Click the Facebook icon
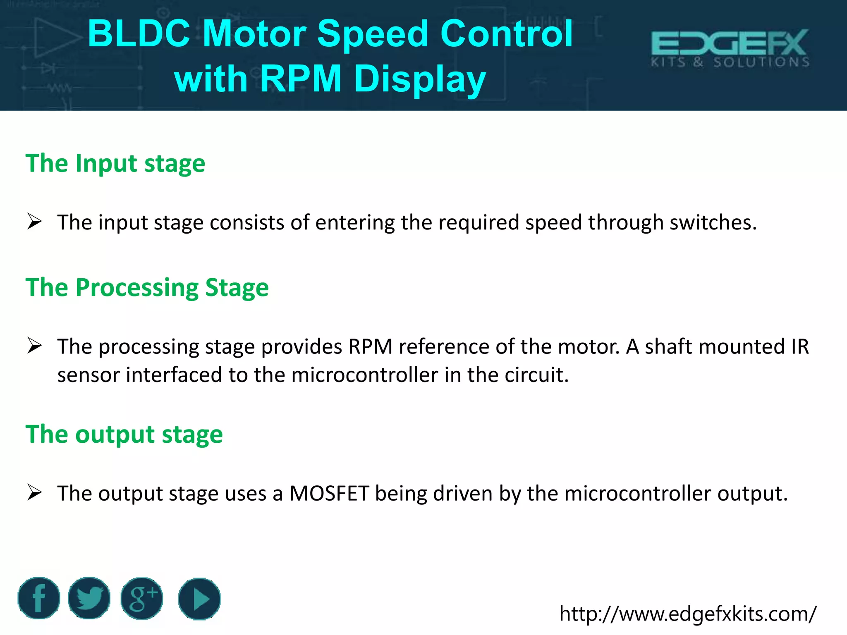pos(39,598)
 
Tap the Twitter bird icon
pos(89,598)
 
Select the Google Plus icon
pos(142,598)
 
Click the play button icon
pos(199,599)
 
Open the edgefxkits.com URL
pos(688,614)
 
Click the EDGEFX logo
pos(730,48)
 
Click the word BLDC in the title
pos(139,34)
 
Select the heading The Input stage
pos(115,163)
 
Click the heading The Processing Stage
pos(147,287)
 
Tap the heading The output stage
pos(124,434)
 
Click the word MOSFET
pos(329,493)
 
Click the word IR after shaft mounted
pos(800,346)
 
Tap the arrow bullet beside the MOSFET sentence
pos(35,492)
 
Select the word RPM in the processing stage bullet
pos(370,346)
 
